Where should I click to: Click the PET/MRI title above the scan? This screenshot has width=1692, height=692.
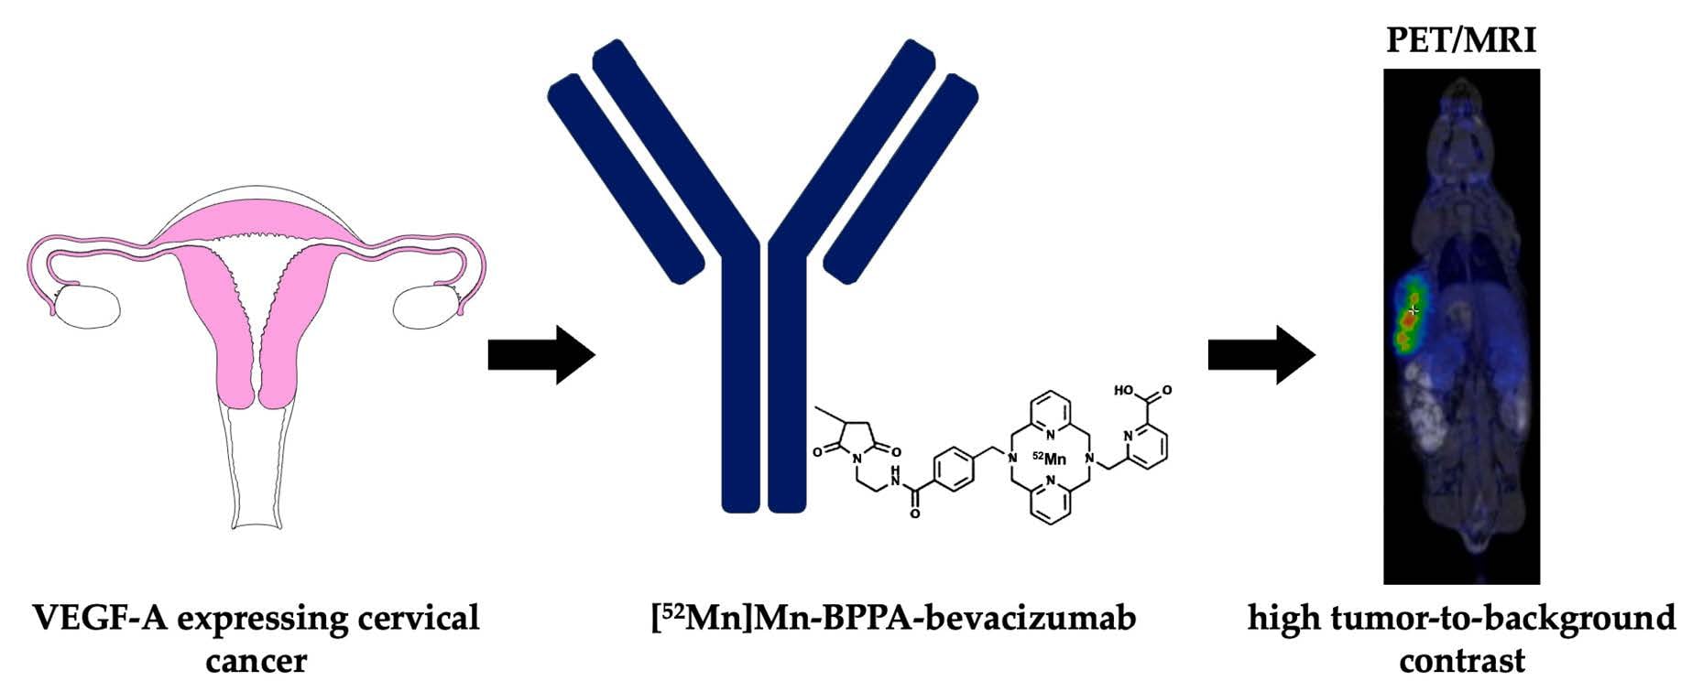click(x=1460, y=40)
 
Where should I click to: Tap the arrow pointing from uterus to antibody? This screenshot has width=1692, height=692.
click(x=540, y=354)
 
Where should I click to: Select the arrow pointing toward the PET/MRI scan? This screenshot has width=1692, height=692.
click(x=1261, y=354)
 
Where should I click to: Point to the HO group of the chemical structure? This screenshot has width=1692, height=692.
click(x=1124, y=391)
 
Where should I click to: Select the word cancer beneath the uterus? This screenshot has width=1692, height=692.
click(x=256, y=660)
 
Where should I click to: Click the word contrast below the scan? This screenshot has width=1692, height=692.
click(x=1462, y=660)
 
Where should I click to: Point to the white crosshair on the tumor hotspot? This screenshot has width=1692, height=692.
click(x=1414, y=311)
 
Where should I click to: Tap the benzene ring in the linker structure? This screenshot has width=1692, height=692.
click(x=954, y=469)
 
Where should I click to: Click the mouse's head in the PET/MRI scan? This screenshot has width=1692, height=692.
click(x=1460, y=128)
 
